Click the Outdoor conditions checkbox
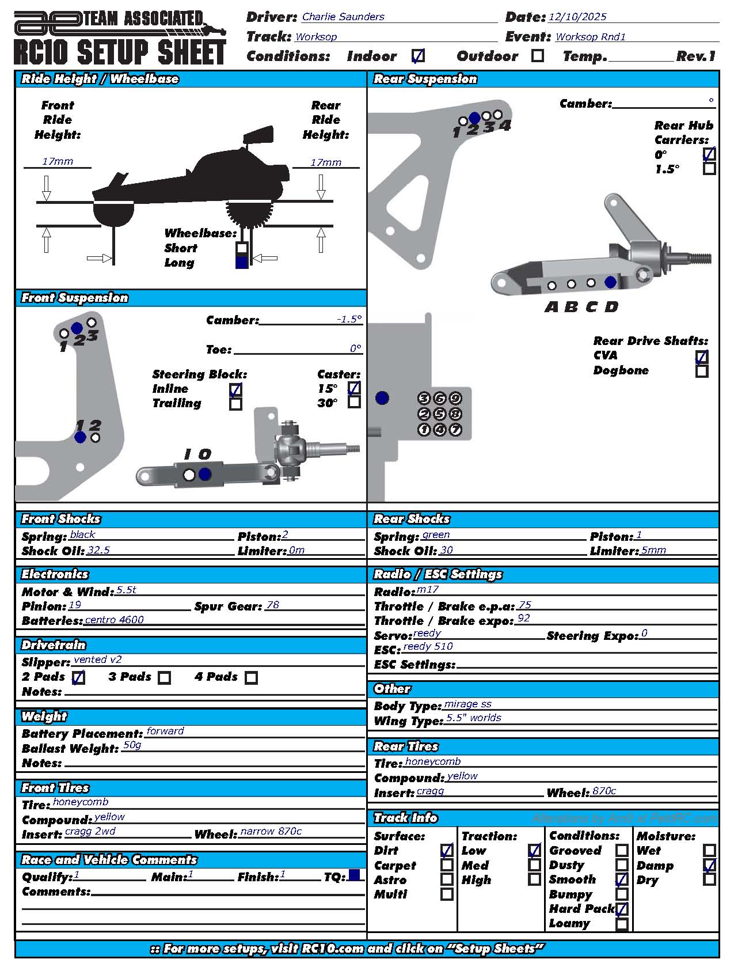click(538, 56)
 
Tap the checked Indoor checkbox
click(419, 56)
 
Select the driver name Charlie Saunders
click(343, 17)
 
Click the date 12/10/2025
click(577, 17)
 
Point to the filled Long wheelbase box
click(242, 262)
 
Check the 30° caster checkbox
click(355, 402)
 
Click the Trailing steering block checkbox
click(235, 404)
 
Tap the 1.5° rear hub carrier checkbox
click(709, 169)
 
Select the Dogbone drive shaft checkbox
click(702, 371)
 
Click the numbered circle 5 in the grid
click(440, 414)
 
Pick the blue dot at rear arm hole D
click(610, 282)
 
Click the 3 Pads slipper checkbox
click(165, 678)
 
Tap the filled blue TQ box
click(354, 875)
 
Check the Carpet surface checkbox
click(447, 865)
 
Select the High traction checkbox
click(534, 879)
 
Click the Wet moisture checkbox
click(709, 850)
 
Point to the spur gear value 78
click(273, 605)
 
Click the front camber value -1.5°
click(349, 319)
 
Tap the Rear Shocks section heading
click(412, 519)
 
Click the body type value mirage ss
click(468, 704)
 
